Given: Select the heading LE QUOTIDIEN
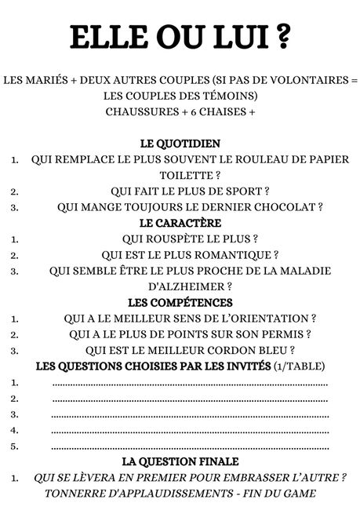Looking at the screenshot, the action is (180, 144).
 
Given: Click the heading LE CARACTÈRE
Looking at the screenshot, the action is (180, 223).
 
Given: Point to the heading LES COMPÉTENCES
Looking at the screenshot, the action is (180, 302).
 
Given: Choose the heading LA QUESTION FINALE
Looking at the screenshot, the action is (180, 461).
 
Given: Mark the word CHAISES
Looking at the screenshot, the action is (218, 111).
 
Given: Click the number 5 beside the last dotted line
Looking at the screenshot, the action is (14, 446).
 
